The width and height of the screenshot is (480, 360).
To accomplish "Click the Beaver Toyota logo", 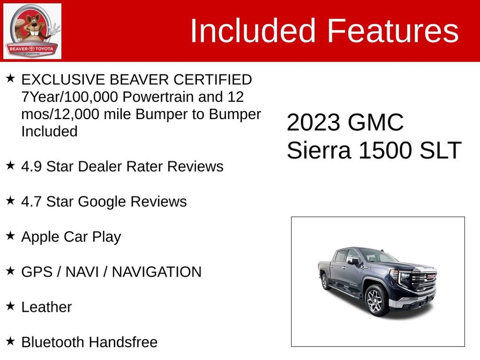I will tap(32, 31).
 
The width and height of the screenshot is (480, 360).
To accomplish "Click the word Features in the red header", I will tap(392, 31).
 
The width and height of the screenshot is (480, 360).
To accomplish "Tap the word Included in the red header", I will tap(252, 31).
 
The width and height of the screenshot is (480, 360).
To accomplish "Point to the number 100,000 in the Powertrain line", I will tap(92, 97).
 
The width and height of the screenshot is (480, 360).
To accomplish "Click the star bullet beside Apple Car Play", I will tap(10, 235).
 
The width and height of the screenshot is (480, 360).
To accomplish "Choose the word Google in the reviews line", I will tap(102, 201).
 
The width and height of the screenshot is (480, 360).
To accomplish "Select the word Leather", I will tap(47, 307).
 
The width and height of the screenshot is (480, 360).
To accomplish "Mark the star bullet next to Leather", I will tap(10, 306).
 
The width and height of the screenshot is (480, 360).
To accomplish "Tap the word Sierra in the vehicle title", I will tap(320, 151).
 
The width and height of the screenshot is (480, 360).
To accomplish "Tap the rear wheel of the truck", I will tap(324, 281).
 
